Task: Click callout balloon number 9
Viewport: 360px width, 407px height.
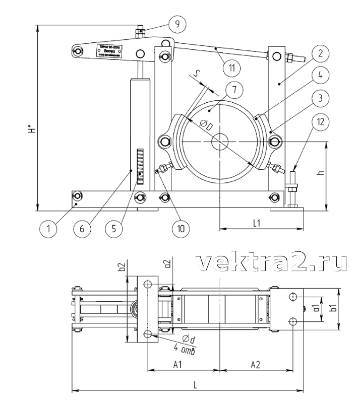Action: (177, 23)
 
